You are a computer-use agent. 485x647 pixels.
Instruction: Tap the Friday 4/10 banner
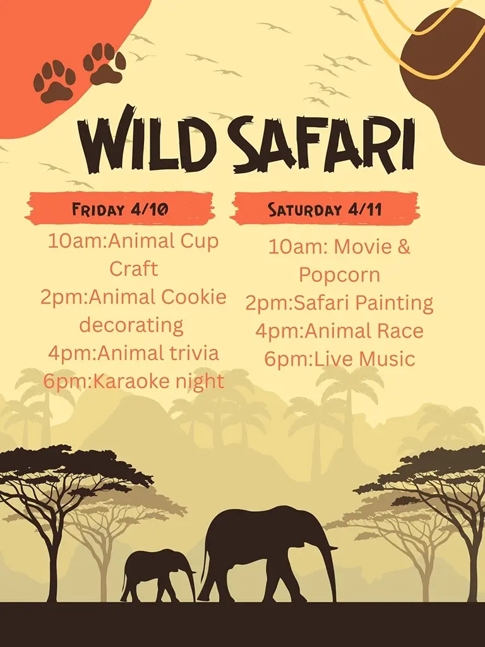click(x=120, y=209)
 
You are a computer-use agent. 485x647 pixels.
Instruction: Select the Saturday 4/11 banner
click(x=325, y=209)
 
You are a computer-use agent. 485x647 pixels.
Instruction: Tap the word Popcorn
click(x=339, y=275)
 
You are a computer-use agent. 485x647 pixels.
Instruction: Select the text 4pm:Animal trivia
click(x=133, y=353)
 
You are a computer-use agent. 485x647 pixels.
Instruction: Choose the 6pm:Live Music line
click(x=339, y=359)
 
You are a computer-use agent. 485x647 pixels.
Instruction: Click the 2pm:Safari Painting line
click(x=339, y=303)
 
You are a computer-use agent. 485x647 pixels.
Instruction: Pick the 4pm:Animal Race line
click(x=339, y=331)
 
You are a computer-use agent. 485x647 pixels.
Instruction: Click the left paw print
click(x=54, y=81)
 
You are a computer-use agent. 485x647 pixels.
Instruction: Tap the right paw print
click(x=104, y=63)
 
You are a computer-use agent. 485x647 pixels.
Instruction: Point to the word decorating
click(x=131, y=325)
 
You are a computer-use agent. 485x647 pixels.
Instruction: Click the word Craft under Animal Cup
click(x=133, y=269)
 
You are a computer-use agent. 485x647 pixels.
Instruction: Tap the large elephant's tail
click(x=205, y=562)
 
